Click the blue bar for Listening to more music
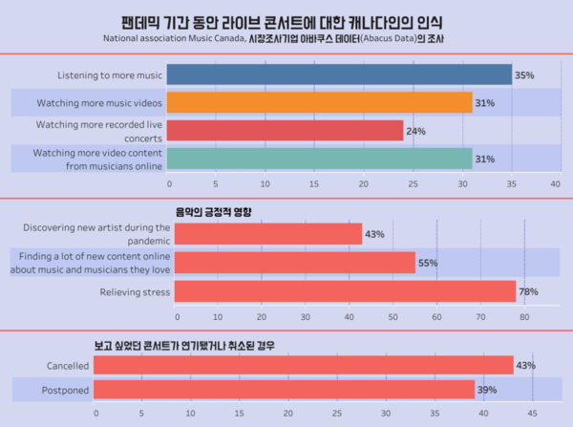(x=339, y=75)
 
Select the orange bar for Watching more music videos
(x=320, y=102)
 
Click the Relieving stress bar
(x=344, y=290)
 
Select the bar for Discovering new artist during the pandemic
(x=267, y=234)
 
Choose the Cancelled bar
(x=304, y=365)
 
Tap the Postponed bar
(x=285, y=390)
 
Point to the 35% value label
(x=524, y=75)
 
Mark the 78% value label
(x=528, y=291)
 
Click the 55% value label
(x=428, y=263)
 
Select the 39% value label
(x=487, y=390)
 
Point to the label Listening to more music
(x=111, y=75)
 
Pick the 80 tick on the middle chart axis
(x=523, y=315)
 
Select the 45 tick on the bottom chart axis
(x=532, y=414)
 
